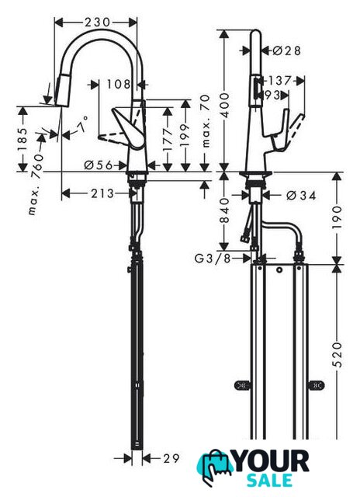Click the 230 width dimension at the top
pyautogui.click(x=97, y=23)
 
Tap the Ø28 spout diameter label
pyautogui.click(x=286, y=50)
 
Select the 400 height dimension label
pyautogui.click(x=224, y=105)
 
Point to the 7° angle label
pyautogui.click(x=82, y=124)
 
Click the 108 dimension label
pyautogui.click(x=119, y=85)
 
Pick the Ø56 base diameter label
pyautogui.click(x=99, y=165)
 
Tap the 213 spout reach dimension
pyautogui.click(x=102, y=193)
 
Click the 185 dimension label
pyautogui.click(x=22, y=140)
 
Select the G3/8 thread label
pyautogui.click(x=212, y=259)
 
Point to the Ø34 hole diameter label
pyautogui.click(x=301, y=196)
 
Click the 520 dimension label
pyautogui.click(x=337, y=354)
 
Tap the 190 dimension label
pyautogui.click(x=337, y=217)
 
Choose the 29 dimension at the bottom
pyautogui.click(x=171, y=458)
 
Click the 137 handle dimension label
pyautogui.click(x=279, y=81)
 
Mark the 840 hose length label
pyautogui.click(x=224, y=210)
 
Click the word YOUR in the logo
pyautogui.click(x=272, y=461)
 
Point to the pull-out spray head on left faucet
pyautogui.click(x=63, y=90)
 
